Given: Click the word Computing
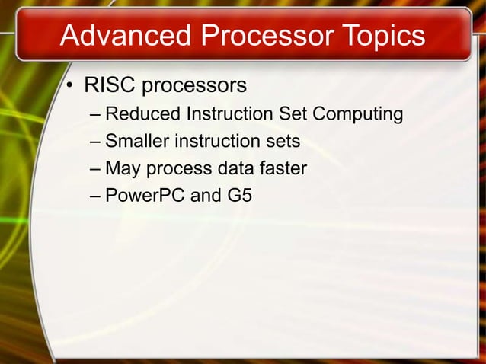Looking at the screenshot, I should [x=357, y=114].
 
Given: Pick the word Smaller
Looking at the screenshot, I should [x=137, y=141].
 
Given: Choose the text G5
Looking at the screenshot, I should [x=239, y=196].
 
